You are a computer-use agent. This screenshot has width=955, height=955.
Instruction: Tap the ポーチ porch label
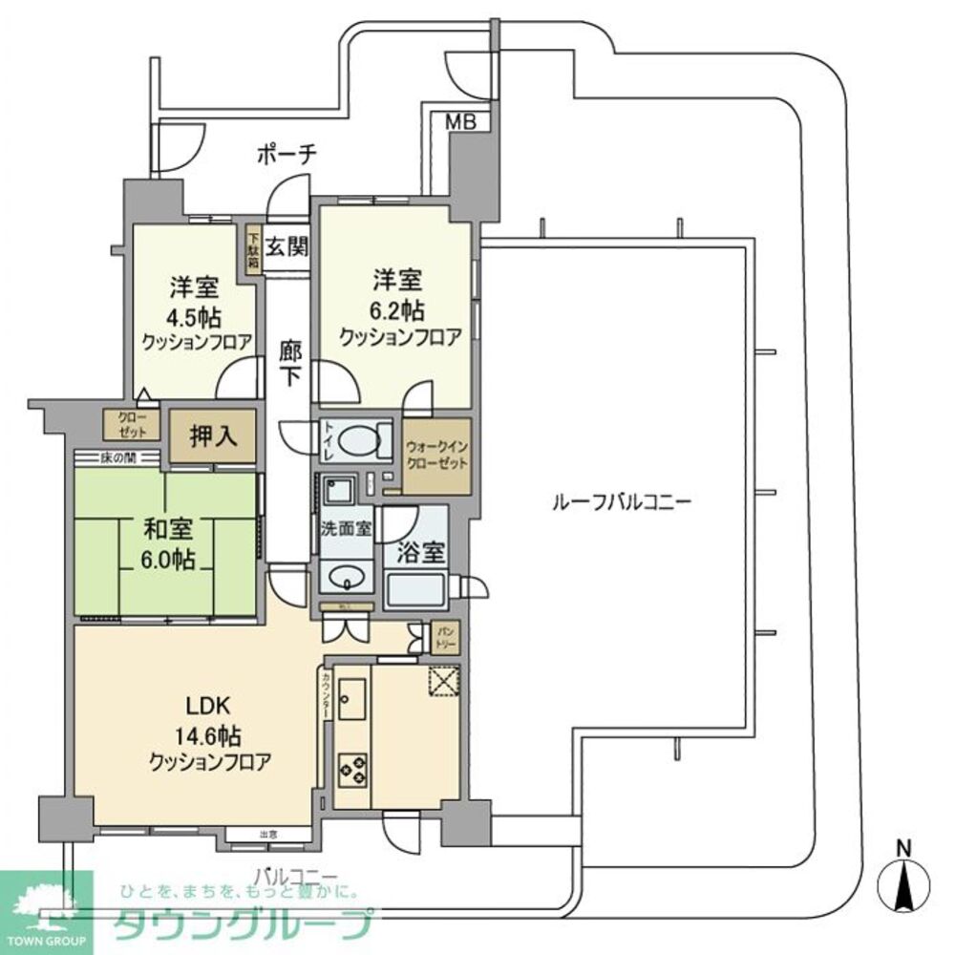click(286, 154)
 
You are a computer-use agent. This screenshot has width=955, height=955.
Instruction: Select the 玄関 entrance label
click(286, 246)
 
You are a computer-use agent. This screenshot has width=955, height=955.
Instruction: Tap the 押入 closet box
click(212, 436)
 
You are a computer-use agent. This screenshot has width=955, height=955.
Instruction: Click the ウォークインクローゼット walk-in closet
click(436, 456)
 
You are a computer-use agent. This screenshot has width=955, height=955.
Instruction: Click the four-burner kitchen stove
click(352, 769)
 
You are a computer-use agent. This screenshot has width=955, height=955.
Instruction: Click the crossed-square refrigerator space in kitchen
click(443, 682)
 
